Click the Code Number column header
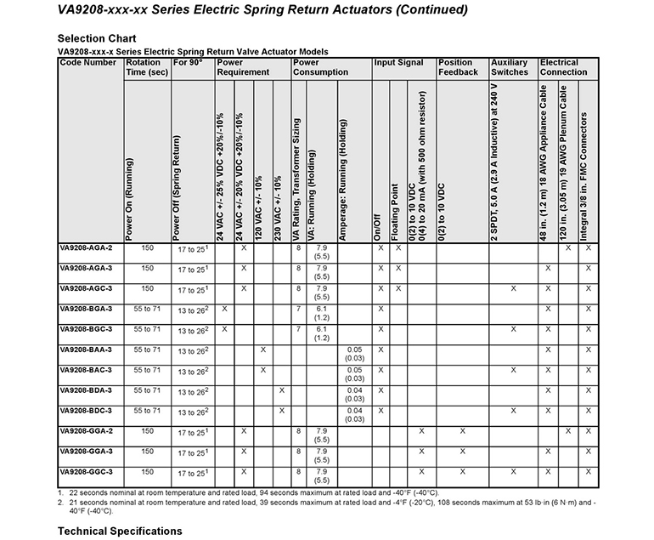click(88, 63)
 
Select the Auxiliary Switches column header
click(510, 67)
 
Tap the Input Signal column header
click(400, 63)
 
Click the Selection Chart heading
click(96, 38)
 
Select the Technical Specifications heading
click(119, 531)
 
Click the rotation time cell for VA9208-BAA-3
click(147, 350)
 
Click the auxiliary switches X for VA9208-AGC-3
click(513, 289)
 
